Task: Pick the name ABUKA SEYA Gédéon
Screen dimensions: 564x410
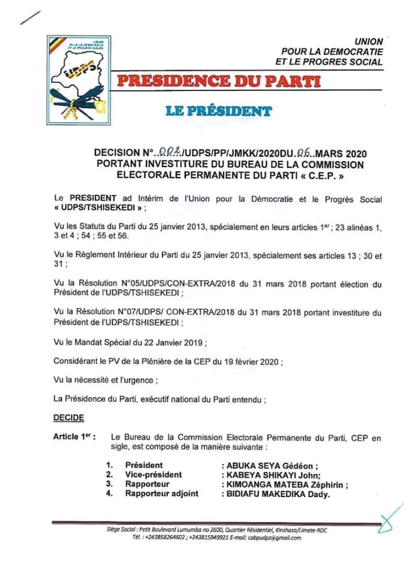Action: click(264, 465)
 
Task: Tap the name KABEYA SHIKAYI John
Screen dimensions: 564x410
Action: click(266, 475)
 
